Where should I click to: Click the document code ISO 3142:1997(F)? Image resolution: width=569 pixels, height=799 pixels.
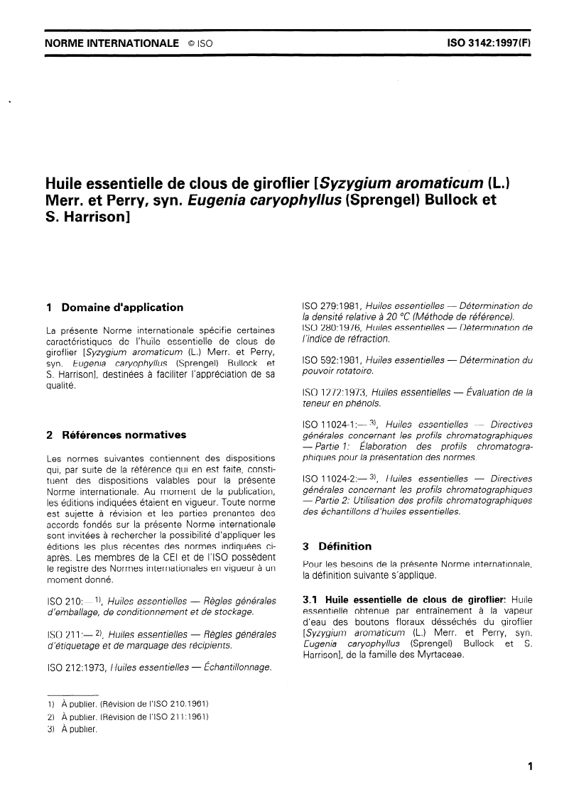[x=489, y=43]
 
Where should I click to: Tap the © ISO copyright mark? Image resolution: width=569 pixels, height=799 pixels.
[x=201, y=43]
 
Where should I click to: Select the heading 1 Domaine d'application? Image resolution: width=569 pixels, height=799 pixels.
[x=114, y=308]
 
